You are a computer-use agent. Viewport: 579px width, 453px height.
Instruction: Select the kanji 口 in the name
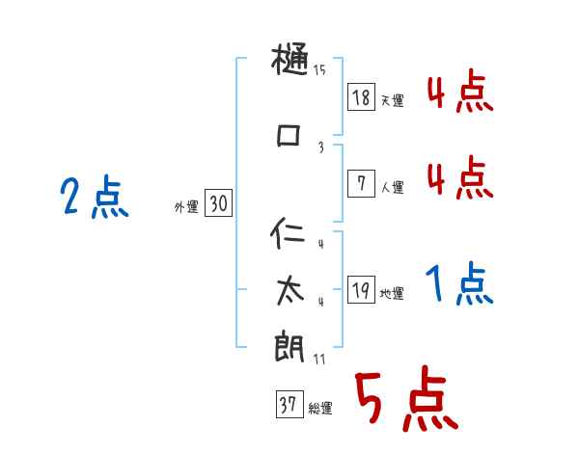pyautogui.click(x=289, y=135)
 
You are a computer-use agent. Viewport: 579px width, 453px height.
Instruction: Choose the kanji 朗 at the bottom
pyautogui.click(x=289, y=347)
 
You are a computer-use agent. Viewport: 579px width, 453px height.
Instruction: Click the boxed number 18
pyautogui.click(x=361, y=96)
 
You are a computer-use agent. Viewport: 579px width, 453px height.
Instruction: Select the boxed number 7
pyautogui.click(x=361, y=183)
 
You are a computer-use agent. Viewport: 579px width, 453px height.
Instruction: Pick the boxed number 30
pyautogui.click(x=218, y=203)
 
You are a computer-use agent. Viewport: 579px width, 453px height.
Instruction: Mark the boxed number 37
pyautogui.click(x=289, y=405)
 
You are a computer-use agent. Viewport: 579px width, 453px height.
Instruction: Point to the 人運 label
pyautogui.click(x=391, y=187)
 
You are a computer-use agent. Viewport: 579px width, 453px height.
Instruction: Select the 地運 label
pyautogui.click(x=391, y=293)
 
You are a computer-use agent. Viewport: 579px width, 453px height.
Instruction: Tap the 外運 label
pyautogui.click(x=186, y=206)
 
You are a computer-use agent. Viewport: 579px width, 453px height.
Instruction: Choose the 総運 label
pyautogui.click(x=319, y=409)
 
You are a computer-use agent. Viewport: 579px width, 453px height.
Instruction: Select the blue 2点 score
pyautogui.click(x=94, y=200)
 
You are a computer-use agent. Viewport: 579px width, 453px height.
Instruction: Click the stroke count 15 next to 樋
pyautogui.click(x=319, y=69)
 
